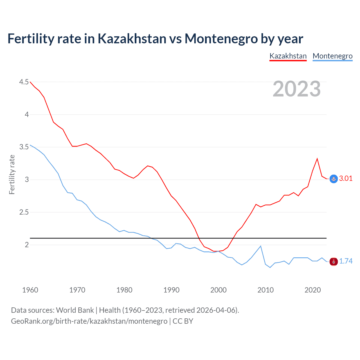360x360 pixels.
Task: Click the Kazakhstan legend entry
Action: pos(288,56)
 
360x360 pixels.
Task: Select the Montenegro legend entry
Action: pos(332,56)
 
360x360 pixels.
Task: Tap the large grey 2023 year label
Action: pos(296,89)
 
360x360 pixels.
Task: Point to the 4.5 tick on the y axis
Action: pos(24,82)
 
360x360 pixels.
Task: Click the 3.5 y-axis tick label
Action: pos(24,147)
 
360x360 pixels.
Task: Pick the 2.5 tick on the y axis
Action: pos(24,212)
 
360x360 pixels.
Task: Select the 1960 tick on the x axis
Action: pos(30,290)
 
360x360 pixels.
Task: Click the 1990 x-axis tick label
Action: pos(171,290)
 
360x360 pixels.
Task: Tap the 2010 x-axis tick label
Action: pos(265,290)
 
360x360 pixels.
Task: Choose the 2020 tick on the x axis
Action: pos(312,290)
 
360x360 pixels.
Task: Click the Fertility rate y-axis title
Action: pos(12,174)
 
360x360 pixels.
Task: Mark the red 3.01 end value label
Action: pos(346,178)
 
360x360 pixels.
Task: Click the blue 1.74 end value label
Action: pos(346,261)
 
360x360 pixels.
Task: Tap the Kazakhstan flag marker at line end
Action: pos(334,179)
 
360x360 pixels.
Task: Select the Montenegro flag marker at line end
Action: pos(334,262)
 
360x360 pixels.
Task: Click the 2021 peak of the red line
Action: pos(317,159)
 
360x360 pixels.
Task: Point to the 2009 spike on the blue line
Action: pos(261,246)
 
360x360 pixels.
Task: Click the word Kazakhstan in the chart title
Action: pos(132,39)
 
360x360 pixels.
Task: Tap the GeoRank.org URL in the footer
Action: pos(89,321)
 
